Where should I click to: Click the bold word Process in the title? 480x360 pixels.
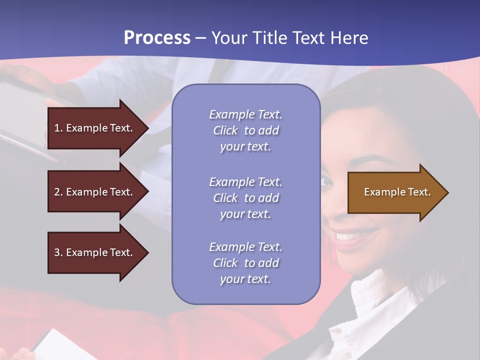(157, 38)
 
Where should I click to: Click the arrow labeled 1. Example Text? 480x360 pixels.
(95, 128)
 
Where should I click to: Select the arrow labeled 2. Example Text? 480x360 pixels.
(95, 192)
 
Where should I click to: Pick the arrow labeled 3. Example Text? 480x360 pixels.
(95, 252)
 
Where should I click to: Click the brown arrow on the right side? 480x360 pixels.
(395, 192)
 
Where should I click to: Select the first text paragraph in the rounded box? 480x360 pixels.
(245, 130)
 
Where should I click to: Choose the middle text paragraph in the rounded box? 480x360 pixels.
(245, 198)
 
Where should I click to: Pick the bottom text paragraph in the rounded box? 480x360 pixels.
(245, 263)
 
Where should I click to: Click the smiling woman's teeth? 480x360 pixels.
(350, 235)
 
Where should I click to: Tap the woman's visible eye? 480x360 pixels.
(326, 181)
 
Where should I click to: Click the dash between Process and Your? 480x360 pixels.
(200, 38)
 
